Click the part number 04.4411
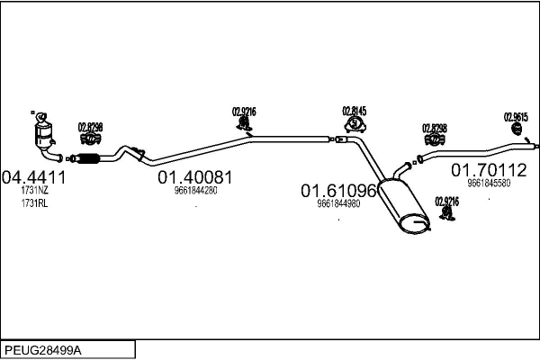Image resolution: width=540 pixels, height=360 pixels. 35,176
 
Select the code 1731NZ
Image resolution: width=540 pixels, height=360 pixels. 35,191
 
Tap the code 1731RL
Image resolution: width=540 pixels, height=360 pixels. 35,204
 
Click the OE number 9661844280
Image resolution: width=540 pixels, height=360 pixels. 196,190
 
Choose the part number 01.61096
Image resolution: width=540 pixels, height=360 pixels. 338,190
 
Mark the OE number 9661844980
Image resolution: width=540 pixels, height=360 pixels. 338,203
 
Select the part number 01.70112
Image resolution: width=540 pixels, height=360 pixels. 489,169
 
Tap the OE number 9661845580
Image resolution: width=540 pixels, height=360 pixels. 489,183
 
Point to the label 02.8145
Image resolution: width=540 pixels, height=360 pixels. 354,111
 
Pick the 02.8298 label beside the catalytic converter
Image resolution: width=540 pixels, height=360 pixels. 90,127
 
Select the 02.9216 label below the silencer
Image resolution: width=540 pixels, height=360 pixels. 447,202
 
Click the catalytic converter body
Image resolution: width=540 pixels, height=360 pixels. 43,138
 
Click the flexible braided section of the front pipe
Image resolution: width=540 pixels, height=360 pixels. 88,160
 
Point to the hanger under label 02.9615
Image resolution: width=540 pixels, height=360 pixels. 517,133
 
